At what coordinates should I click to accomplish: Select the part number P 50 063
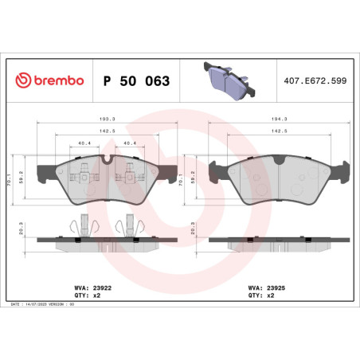(x=136, y=81)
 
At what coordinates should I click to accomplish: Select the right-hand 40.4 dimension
(x=129, y=143)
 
